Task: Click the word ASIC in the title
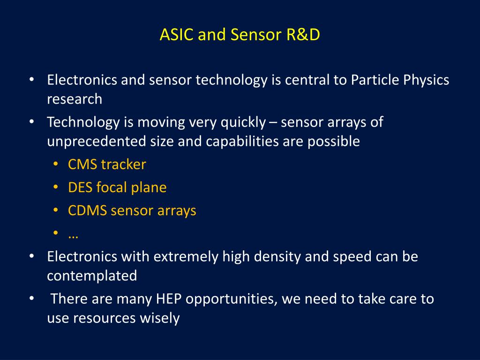(176, 34)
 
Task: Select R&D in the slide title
(303, 34)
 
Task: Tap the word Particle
(375, 80)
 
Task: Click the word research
(75, 99)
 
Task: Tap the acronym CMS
(82, 165)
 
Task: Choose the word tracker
(124, 165)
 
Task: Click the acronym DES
(80, 187)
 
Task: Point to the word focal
(112, 187)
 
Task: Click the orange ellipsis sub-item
(73, 236)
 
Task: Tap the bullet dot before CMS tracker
(55, 164)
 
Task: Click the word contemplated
(92, 276)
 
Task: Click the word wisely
(159, 318)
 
